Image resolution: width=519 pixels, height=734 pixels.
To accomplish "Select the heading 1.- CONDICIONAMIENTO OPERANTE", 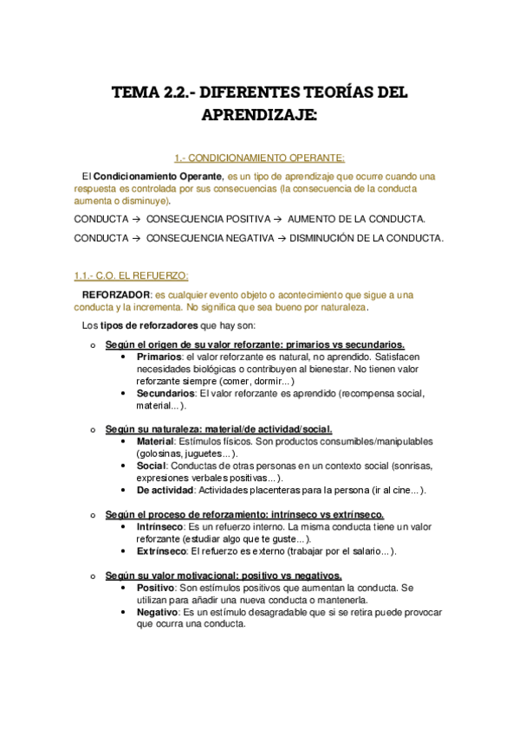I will tap(259, 158).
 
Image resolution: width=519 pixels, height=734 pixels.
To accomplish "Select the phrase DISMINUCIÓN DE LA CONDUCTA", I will tap(367, 237).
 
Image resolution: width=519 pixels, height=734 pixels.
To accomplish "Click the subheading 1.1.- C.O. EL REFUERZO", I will tap(131, 275).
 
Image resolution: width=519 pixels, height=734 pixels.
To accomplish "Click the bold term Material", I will tap(155, 441).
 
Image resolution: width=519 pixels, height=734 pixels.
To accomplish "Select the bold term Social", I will tap(151, 466).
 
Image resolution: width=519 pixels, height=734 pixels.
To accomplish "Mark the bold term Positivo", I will tap(156, 587).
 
